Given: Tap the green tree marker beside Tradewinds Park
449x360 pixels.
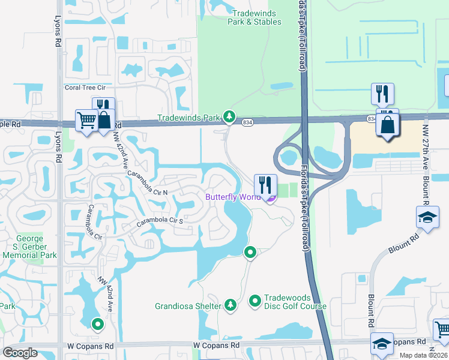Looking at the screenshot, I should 228,116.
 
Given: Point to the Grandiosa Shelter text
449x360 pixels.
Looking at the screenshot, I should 188,306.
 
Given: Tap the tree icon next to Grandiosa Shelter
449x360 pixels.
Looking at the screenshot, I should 230,305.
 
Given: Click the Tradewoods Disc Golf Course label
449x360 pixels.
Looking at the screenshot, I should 295,302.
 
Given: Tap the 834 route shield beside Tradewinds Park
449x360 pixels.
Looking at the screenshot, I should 247,122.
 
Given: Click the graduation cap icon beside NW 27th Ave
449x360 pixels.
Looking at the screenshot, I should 427,217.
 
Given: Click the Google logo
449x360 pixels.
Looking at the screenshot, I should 20,353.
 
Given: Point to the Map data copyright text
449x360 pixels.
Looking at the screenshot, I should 423,355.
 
